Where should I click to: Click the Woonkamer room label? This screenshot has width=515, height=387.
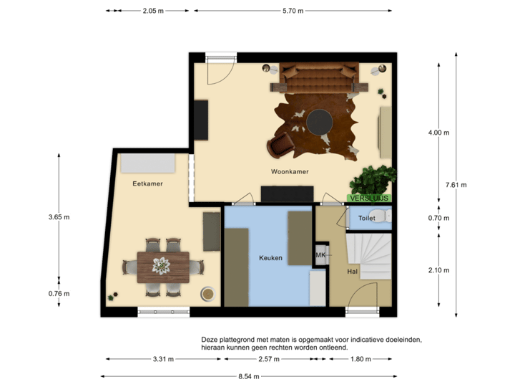289,172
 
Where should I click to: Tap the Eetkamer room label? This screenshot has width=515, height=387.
147,183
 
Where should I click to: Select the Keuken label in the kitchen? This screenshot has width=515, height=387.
270,258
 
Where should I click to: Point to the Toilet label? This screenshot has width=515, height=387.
366,217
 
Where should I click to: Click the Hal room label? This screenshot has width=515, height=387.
352,272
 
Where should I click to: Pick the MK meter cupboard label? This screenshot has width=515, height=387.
320,255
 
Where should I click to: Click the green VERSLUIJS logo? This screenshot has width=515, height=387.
369,197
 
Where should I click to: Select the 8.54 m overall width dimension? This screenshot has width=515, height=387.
249,376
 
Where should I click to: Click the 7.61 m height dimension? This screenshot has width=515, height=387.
456,184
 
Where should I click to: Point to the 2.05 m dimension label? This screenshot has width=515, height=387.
152,11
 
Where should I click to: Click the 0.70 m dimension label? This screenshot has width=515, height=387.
438,218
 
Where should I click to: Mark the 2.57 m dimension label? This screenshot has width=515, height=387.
269,359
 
